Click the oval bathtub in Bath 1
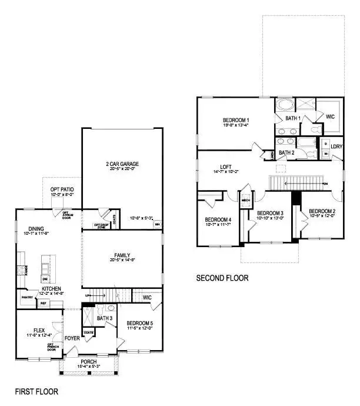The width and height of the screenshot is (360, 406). coord(285,107)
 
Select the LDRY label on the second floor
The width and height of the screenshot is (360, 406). coord(336,147)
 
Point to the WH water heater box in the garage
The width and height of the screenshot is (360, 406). coord(157,224)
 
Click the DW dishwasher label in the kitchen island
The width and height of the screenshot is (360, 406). coord(45,279)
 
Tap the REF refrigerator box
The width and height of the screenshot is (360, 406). coord(43,303)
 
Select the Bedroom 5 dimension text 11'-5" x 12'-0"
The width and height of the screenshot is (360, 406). coord(141,328)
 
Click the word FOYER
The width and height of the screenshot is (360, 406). coord(72,338)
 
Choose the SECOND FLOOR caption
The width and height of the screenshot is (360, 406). coord(222,278)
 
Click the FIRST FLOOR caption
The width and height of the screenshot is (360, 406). coord(36,391)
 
